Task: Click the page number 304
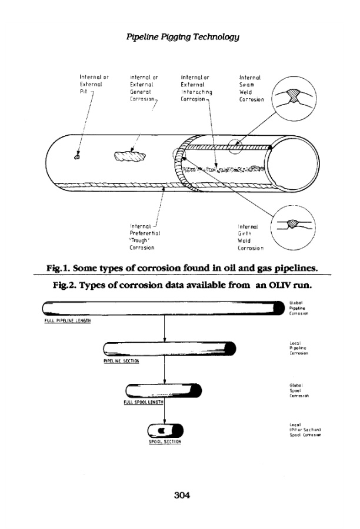[180, 494]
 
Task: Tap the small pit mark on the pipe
[76, 156]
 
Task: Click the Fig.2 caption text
[180, 286]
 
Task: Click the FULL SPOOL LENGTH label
[144, 403]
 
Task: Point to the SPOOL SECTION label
[161, 441]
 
